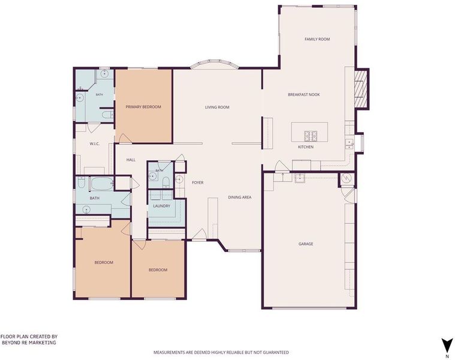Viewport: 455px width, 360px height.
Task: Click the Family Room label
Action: coord(317,39)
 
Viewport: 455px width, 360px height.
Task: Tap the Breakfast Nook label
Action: coord(304,95)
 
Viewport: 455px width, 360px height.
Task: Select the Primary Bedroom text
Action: coord(143,107)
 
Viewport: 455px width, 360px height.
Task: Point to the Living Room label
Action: coord(217,107)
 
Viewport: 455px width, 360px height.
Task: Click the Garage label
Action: coord(306,244)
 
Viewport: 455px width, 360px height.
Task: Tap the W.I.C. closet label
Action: coord(95,144)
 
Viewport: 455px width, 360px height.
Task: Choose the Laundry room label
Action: coord(162,206)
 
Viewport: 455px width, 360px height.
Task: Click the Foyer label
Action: coord(198,182)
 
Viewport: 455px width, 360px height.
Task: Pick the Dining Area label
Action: coord(240,197)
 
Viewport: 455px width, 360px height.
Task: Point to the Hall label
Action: coord(131,160)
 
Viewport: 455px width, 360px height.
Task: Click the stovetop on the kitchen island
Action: coord(311,136)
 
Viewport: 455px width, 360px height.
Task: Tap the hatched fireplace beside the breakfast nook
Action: coord(361,89)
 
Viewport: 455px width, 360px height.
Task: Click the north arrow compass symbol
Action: coord(447,344)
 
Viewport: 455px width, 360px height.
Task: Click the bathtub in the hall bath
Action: coord(103,184)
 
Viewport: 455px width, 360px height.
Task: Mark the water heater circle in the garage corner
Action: coord(346,178)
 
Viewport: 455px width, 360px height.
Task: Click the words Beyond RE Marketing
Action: coord(29,343)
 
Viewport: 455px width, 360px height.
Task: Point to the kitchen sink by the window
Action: coord(349,144)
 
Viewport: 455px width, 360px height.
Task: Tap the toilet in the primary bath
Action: coord(108,115)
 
